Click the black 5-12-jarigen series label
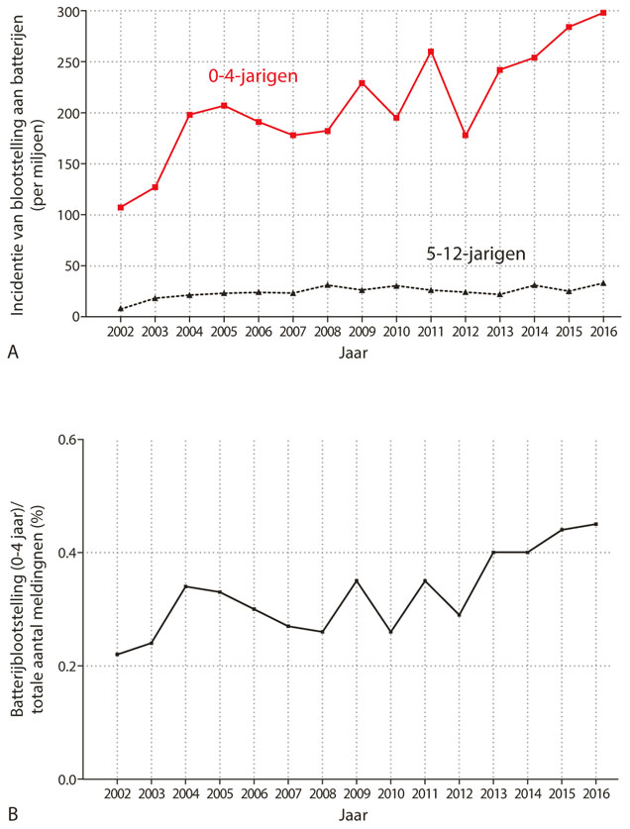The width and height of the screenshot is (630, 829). click(x=475, y=255)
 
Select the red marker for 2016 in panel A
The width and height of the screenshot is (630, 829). click(x=603, y=13)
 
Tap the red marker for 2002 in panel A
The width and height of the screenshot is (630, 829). click(x=121, y=207)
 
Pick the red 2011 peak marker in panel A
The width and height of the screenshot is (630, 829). click(x=431, y=52)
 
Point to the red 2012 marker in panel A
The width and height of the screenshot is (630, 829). click(x=466, y=135)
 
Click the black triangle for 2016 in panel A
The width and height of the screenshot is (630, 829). click(x=603, y=283)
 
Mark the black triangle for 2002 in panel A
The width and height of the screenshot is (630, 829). click(x=121, y=308)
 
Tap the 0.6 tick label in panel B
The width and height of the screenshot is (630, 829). click(x=69, y=439)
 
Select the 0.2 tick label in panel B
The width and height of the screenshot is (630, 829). click(x=69, y=666)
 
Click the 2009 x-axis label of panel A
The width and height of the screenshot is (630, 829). click(x=362, y=331)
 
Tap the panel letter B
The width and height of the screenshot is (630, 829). click(x=12, y=814)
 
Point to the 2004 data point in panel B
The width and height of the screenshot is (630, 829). click(x=186, y=586)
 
